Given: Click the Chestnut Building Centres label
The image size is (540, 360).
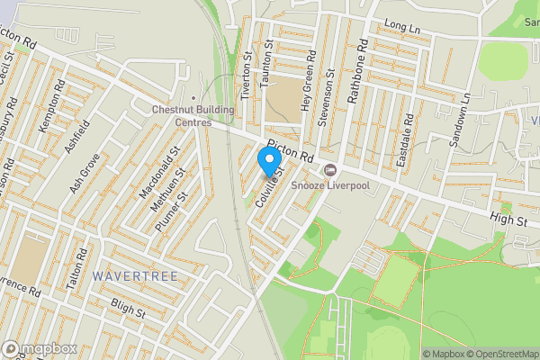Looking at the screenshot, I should (193, 116).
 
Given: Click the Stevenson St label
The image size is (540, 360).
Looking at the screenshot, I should (326, 97).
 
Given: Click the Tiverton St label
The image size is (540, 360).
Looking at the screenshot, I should (248, 70).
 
